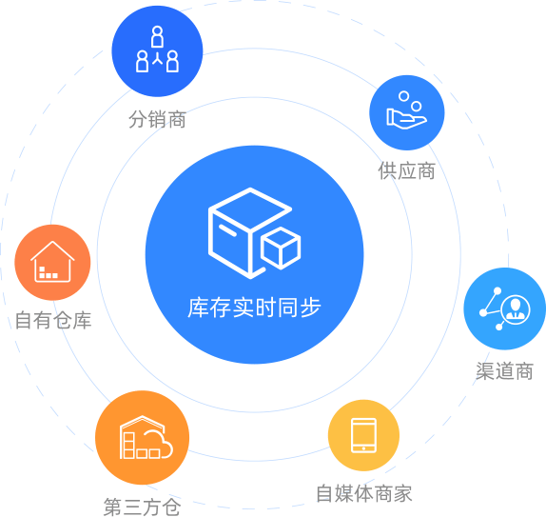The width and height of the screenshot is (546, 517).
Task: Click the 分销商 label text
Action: tap(157, 119)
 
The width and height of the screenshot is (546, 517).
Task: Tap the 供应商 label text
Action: tap(407, 170)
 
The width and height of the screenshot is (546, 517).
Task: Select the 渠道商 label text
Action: tap(504, 370)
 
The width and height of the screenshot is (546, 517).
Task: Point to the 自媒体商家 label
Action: tap(364, 493)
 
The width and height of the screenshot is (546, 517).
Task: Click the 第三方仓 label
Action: tap(142, 507)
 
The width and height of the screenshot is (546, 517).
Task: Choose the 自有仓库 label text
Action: tap(53, 320)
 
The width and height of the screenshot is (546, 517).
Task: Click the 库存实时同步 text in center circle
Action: tap(254, 308)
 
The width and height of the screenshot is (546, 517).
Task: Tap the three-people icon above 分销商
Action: tap(157, 50)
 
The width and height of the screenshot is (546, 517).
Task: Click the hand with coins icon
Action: tap(407, 110)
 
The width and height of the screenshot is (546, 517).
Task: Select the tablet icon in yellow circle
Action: tap(363, 435)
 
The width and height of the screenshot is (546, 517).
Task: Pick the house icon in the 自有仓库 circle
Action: tap(52, 262)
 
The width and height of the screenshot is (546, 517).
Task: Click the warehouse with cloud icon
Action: tap(146, 437)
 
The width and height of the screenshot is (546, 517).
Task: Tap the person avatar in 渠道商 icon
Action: tap(516, 308)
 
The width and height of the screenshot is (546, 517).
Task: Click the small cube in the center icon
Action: tap(281, 249)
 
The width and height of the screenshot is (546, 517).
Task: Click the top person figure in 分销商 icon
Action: tap(157, 36)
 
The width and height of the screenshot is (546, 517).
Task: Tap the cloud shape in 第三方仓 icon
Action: tap(159, 444)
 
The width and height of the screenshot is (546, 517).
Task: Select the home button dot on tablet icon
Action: tap(363, 448)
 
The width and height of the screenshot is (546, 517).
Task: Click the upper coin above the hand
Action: tap(404, 96)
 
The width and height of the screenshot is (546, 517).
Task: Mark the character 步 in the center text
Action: tap(311, 308)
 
